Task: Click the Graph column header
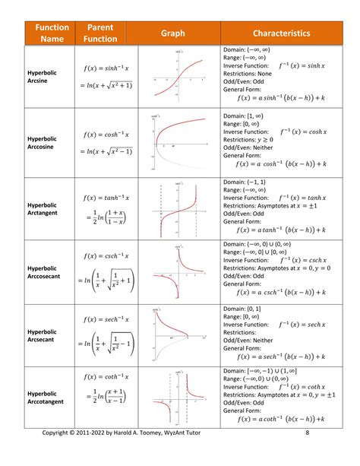(172, 33)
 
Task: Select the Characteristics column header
(281, 33)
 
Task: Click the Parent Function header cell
(100, 33)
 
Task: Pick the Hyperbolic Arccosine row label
(44, 142)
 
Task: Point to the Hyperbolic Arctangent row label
(44, 209)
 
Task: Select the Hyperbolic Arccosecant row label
(46, 272)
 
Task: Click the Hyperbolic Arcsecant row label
(44, 336)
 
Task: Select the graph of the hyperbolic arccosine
(177, 142)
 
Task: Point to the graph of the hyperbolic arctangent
(177, 209)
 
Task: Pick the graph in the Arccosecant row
(177, 272)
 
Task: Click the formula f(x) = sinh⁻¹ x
(106, 68)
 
